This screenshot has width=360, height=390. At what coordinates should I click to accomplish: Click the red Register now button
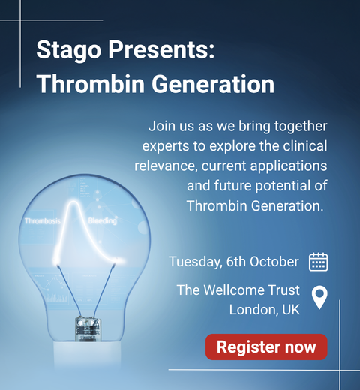point(266,346)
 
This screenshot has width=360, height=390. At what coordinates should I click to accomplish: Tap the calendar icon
point(318,262)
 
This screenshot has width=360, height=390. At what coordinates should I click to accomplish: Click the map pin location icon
point(319,298)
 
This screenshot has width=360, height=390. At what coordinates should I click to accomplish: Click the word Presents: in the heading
point(161,49)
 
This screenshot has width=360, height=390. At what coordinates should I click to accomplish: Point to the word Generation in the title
point(213,84)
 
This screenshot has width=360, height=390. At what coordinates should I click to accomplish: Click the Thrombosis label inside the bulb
point(43,221)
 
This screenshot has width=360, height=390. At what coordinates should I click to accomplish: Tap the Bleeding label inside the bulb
point(103,221)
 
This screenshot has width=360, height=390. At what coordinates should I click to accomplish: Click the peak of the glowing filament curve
point(73,202)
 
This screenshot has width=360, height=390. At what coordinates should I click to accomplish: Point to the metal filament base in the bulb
point(88,328)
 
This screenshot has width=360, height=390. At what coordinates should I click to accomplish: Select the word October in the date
point(274,262)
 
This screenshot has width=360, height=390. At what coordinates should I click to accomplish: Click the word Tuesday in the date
point(195,262)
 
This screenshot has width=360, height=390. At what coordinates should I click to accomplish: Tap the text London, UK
point(265,310)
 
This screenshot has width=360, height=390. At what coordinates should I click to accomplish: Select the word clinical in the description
point(305,146)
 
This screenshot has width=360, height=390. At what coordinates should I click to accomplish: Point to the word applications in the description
point(289,166)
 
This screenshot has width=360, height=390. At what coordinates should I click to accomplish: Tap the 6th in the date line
point(236,262)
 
